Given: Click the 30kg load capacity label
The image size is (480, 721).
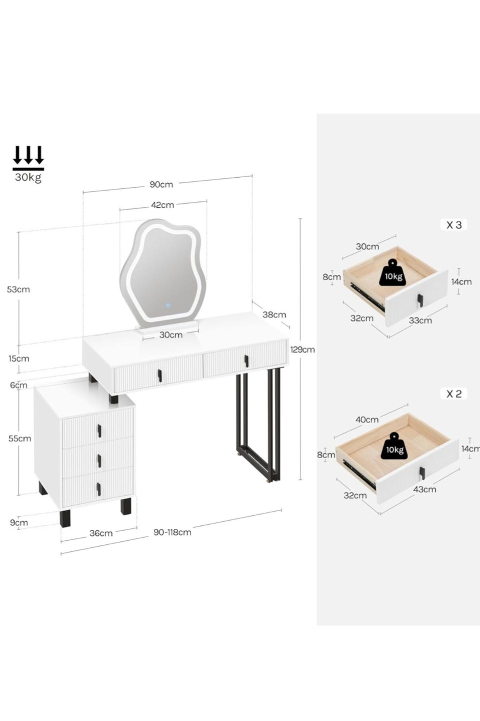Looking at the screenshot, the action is pyautogui.click(x=28, y=177).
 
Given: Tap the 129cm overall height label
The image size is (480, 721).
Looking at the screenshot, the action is pyautogui.click(x=302, y=349).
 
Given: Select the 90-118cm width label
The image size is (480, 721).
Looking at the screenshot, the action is pyautogui.click(x=172, y=532).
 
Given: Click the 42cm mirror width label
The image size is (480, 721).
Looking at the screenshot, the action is pyautogui.click(x=162, y=205).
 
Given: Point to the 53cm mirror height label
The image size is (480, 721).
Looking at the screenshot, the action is pyautogui.click(x=18, y=289).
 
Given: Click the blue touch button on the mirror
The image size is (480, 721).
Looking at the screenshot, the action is pyautogui.click(x=168, y=305).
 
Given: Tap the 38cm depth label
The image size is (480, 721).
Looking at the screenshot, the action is pyautogui.click(x=274, y=314).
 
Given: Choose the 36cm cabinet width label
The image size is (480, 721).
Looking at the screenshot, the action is pyautogui.click(x=101, y=533).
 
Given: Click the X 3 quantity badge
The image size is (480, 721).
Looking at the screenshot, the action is pyautogui.click(x=453, y=225).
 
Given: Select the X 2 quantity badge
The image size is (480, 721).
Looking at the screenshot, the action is pyautogui.click(x=453, y=394).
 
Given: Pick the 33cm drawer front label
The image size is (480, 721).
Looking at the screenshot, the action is pyautogui.click(x=420, y=320).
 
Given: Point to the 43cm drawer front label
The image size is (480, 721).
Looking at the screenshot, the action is pyautogui.click(x=424, y=490).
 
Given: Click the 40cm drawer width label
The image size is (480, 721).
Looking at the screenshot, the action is pyautogui.click(x=367, y=420).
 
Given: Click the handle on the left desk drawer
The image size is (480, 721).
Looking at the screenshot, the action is pyautogui.click(x=160, y=376).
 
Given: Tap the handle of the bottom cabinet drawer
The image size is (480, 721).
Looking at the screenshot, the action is pyautogui.click(x=98, y=489).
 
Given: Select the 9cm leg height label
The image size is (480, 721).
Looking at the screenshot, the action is pyautogui.click(x=18, y=523).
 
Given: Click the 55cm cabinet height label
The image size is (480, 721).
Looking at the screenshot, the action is pyautogui.click(x=19, y=439).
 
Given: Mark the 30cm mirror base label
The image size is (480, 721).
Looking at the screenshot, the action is pyautogui.click(x=171, y=335).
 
